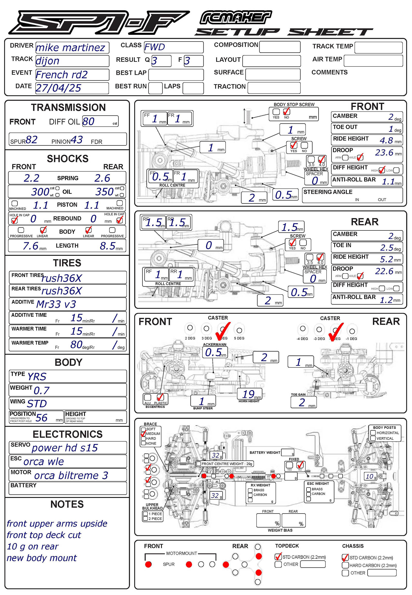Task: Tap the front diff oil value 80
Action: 89,121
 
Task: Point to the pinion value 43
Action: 76,140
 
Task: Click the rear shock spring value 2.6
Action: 102,178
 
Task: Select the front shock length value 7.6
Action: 30,245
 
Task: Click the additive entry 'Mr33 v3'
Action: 56,304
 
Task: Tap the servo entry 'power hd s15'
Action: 65,448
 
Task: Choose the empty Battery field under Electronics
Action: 68,488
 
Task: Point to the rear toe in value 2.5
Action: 387,247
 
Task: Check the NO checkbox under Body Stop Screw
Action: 286,112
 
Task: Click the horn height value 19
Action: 248,394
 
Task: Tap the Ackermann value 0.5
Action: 213,352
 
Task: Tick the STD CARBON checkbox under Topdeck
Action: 278,557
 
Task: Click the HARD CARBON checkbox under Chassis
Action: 345,565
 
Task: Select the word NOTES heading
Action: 67,504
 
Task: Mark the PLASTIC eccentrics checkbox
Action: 160,397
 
